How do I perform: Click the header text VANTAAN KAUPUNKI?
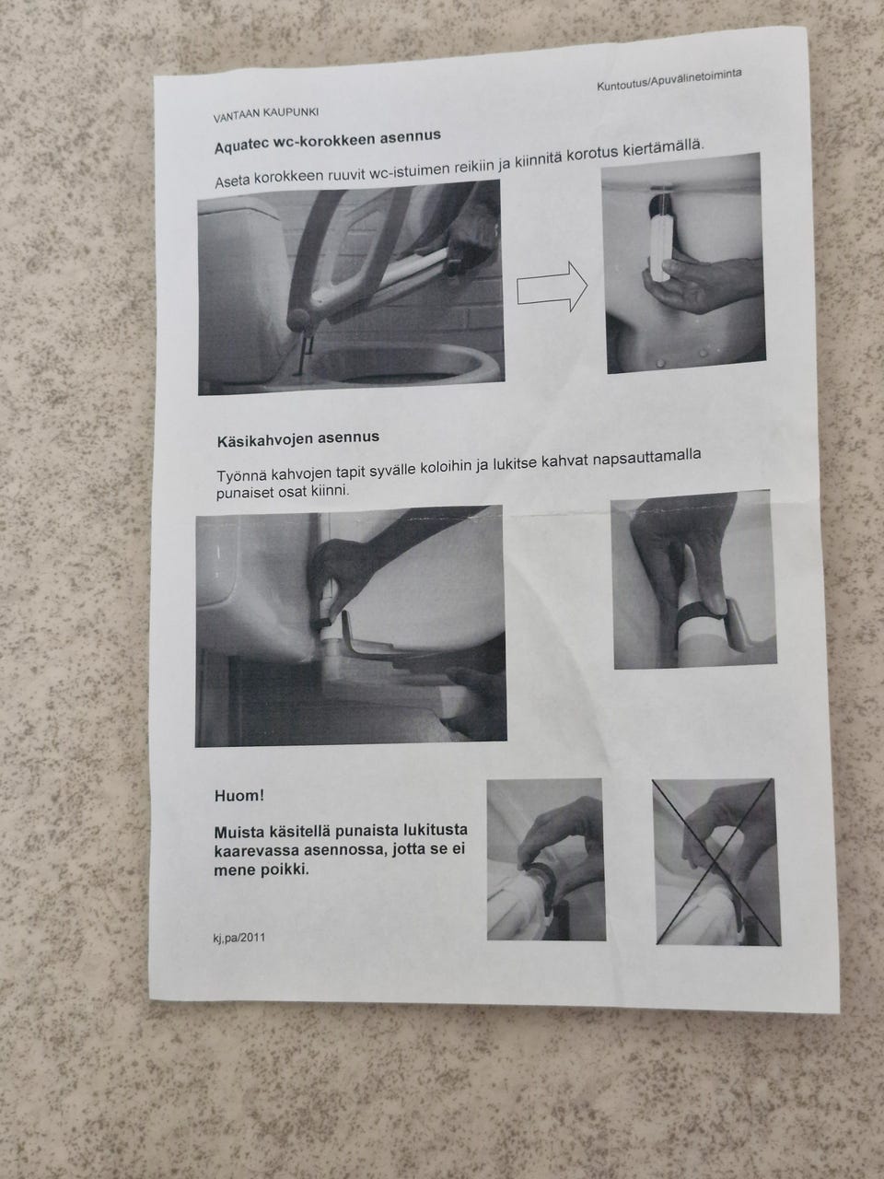[x=266, y=114]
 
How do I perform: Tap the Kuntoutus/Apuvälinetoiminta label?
[x=669, y=79]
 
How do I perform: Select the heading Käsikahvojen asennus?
[x=297, y=438]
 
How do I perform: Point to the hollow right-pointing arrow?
[x=552, y=286]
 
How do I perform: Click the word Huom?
[x=238, y=796]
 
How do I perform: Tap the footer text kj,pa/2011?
[x=239, y=938]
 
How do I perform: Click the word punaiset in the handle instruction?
[x=245, y=493]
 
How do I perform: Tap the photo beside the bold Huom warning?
[x=546, y=860]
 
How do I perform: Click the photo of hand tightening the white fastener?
[x=684, y=263]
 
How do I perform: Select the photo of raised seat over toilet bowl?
[x=351, y=287]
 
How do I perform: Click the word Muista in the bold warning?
[x=240, y=833]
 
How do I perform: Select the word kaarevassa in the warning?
[x=255, y=851]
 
